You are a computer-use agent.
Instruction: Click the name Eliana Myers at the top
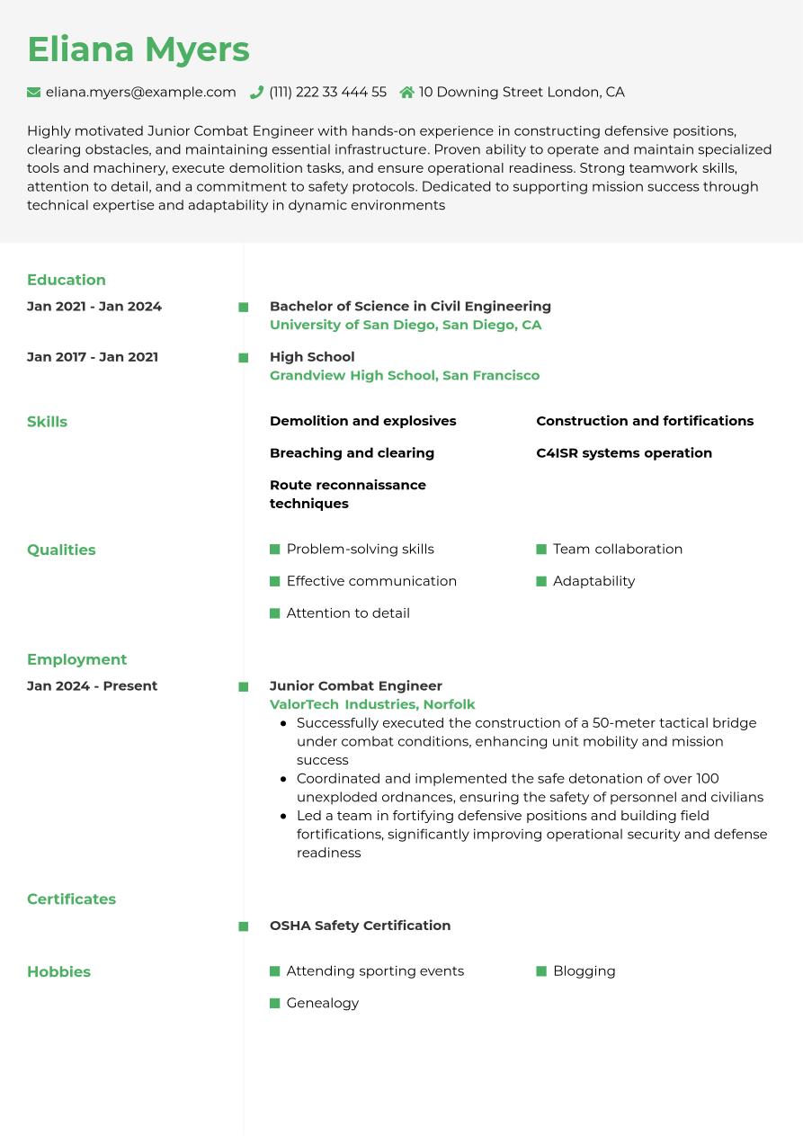point(138,49)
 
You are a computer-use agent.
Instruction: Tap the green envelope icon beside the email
point(34,92)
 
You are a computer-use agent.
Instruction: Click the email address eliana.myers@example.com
point(141,92)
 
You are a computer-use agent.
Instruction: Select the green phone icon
point(256,92)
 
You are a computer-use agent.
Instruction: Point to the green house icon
point(406,92)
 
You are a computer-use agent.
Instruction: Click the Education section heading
point(67,280)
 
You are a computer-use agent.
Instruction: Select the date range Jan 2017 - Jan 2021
point(93,357)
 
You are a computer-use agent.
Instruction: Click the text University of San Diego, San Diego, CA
point(406,325)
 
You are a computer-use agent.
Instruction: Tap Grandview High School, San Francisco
point(405,375)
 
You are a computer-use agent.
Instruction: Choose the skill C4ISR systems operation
point(624,453)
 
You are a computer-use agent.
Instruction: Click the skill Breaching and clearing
point(352,453)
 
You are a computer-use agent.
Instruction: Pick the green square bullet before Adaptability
point(541,582)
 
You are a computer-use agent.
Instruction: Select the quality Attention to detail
point(348,613)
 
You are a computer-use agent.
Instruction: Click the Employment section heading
point(77,659)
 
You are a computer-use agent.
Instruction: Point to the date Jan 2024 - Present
point(93,686)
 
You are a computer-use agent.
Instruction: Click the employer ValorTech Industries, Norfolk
point(372,704)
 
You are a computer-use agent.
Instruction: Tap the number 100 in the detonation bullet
point(708,779)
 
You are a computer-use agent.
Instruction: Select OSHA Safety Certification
point(360,926)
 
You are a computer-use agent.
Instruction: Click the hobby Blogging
point(584,971)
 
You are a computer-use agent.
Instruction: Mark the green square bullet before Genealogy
point(275,1004)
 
